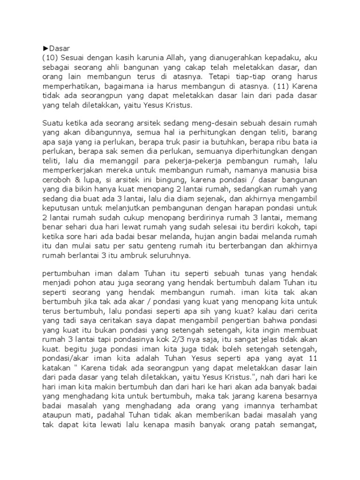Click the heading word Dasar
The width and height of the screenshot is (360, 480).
click(x=52, y=47)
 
